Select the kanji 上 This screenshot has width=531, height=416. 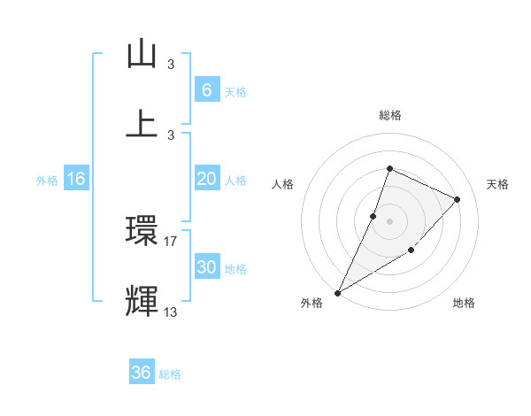pyautogui.click(x=142, y=122)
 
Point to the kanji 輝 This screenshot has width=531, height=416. pyautogui.click(x=142, y=300)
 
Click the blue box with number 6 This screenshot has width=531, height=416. pyautogui.click(x=206, y=89)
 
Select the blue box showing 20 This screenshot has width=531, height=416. pyautogui.click(x=206, y=179)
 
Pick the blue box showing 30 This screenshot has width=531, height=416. pyautogui.click(x=206, y=267)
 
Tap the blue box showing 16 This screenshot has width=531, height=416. pyautogui.click(x=75, y=179)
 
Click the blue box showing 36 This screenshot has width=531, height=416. pyautogui.click(x=141, y=373)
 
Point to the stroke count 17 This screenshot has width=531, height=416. pyautogui.click(x=171, y=241)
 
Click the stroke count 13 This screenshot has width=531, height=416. pyautogui.click(x=171, y=312)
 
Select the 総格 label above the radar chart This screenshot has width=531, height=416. pyautogui.click(x=389, y=115)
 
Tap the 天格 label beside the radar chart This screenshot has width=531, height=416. pyautogui.click(x=497, y=184)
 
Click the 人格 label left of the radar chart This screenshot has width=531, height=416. pyautogui.click(x=282, y=184)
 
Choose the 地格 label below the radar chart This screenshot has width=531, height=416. pyautogui.click(x=464, y=304)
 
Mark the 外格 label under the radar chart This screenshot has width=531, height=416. pyautogui.click(x=311, y=304)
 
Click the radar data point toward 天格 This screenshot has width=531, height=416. pyautogui.click(x=457, y=199)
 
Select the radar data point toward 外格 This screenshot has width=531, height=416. pyautogui.click(x=337, y=292)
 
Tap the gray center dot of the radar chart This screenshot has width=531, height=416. pyautogui.click(x=389, y=220)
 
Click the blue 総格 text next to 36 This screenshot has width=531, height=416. pyautogui.click(x=170, y=374)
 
